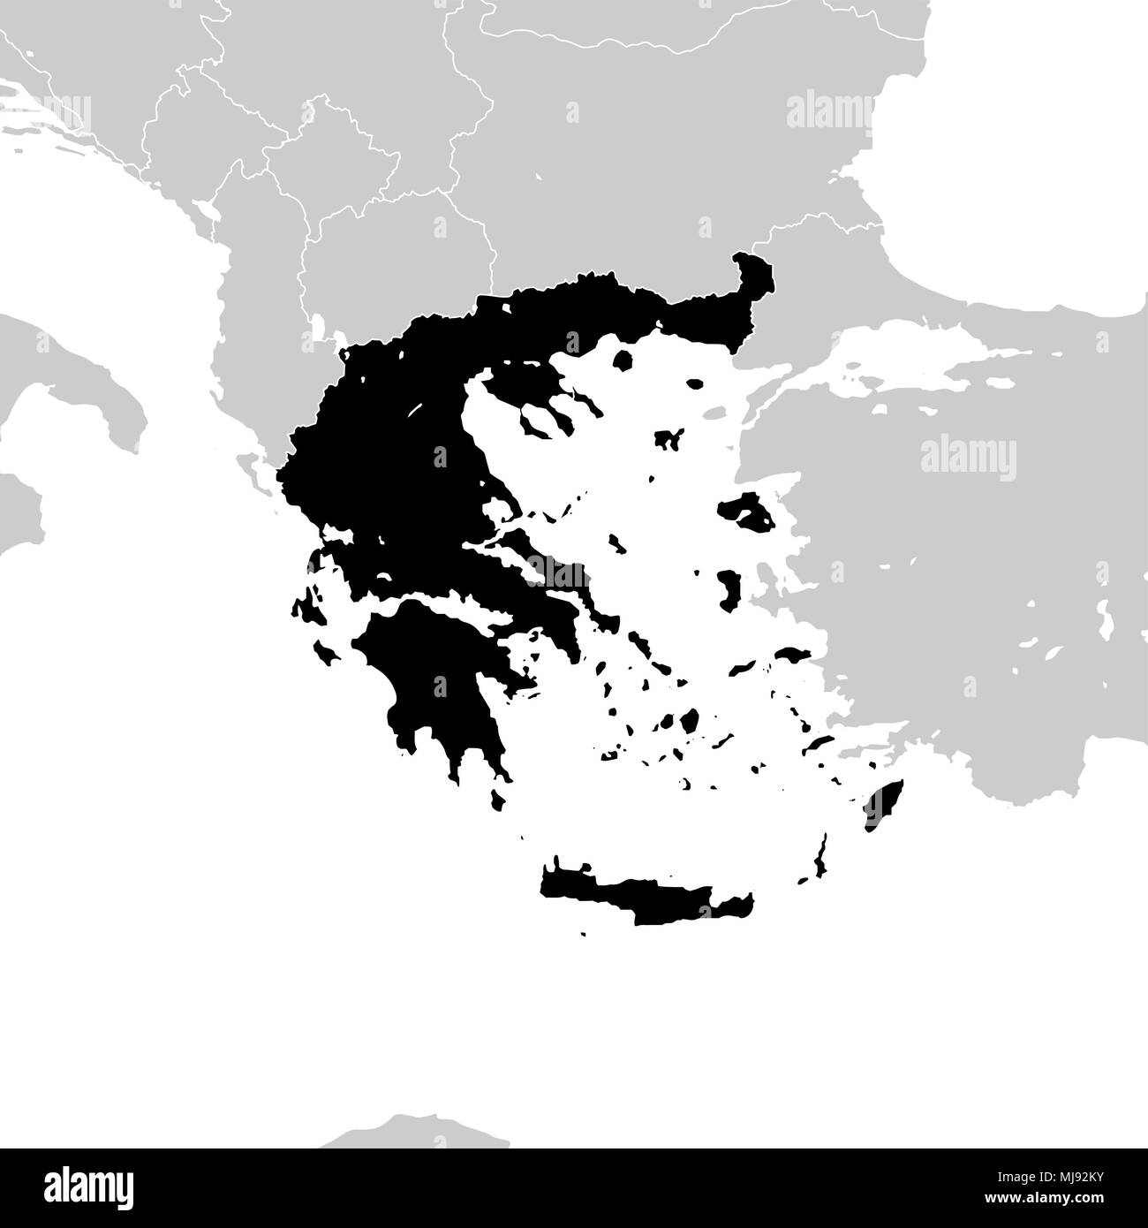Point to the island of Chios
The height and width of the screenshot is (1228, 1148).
tap(729, 589)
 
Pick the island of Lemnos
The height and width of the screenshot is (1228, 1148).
tap(671, 438)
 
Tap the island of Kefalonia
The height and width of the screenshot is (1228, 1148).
tap(304, 611)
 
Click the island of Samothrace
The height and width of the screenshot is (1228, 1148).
tap(695, 385)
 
